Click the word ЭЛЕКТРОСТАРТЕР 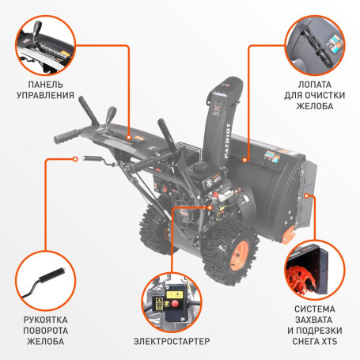tap(172, 341)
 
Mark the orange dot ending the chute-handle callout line tap(76, 158)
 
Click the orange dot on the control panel tap(128, 135)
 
